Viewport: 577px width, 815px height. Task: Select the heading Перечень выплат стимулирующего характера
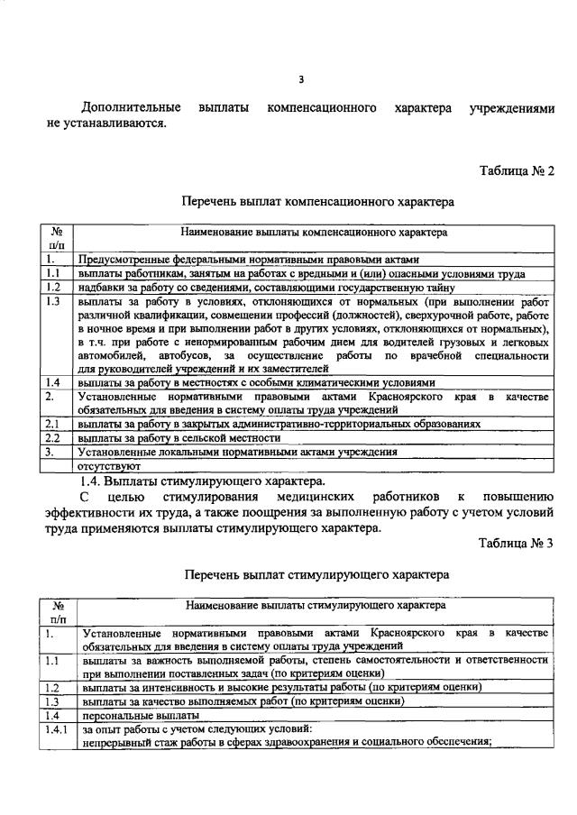click(317, 573)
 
